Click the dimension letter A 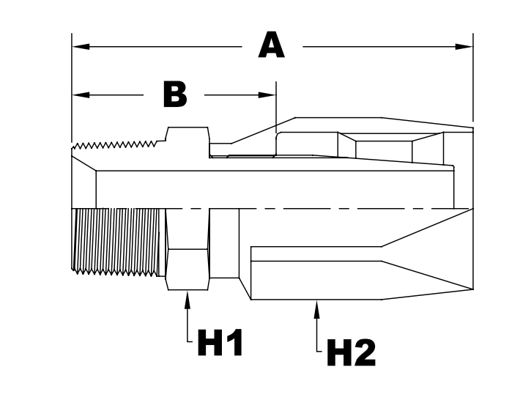(x=271, y=46)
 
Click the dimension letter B (x=174, y=95)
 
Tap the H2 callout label (x=351, y=354)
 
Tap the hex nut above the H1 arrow (x=187, y=249)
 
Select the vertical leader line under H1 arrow (x=187, y=322)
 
